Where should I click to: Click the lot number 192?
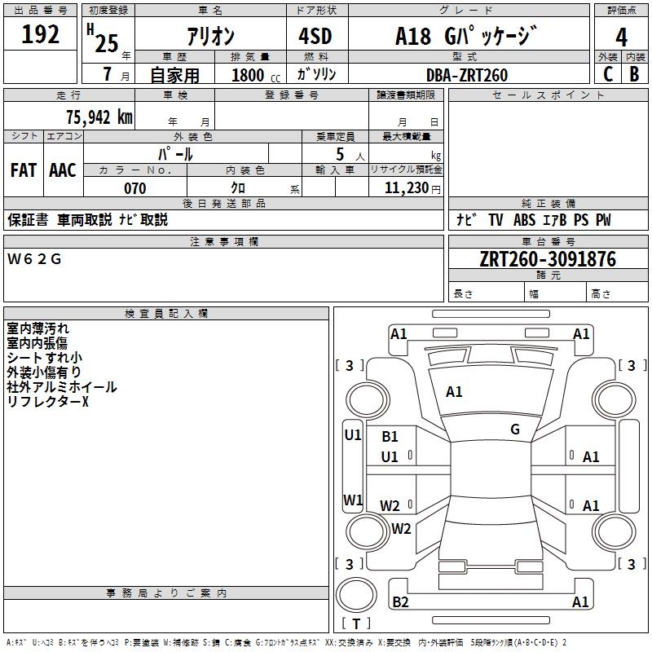click(x=41, y=35)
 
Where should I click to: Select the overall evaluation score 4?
click(x=622, y=37)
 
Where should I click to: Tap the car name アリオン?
click(x=211, y=37)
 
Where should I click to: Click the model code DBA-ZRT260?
click(x=467, y=75)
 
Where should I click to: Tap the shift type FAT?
click(x=23, y=170)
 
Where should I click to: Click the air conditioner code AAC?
click(x=62, y=170)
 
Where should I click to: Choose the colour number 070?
click(x=135, y=188)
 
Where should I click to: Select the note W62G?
click(x=34, y=259)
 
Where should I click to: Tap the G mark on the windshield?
click(x=515, y=430)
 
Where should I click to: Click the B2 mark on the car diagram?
click(x=400, y=602)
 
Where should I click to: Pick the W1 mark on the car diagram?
click(x=352, y=500)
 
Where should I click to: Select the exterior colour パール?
click(x=175, y=153)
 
